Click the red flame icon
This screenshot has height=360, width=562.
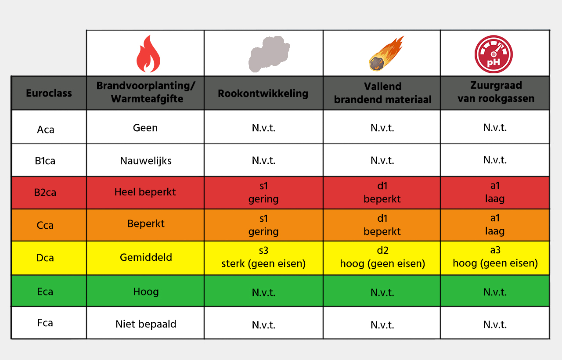point(148,54)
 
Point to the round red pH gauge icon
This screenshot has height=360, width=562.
point(494,54)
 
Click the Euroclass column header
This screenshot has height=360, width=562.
point(49,93)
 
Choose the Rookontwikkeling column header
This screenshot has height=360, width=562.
point(263,93)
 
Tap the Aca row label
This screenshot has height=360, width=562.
point(46,130)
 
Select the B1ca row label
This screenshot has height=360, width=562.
point(45,161)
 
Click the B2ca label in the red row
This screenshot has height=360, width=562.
point(46,193)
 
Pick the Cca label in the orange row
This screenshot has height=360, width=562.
point(45,226)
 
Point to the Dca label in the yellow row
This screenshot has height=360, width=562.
point(45,258)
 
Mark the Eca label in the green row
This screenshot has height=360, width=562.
point(45,292)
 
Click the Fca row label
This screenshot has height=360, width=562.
point(45,323)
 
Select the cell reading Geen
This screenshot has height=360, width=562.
point(145,128)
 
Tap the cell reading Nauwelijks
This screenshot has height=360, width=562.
point(146,161)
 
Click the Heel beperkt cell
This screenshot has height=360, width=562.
point(145,192)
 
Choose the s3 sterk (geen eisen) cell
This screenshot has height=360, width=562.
point(263,257)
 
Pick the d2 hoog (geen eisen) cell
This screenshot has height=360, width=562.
point(382,257)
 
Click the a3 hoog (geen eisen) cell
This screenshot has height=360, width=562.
point(495,257)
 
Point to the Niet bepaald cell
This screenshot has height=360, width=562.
point(146,324)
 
